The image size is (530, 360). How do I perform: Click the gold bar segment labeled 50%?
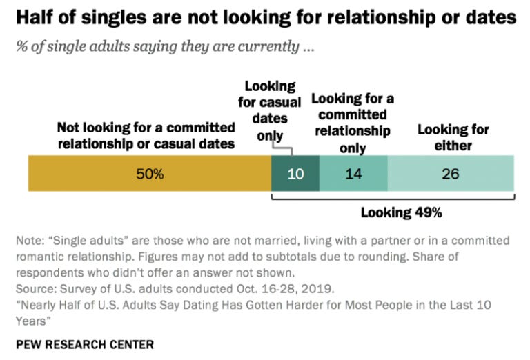pyautogui.click(x=149, y=174)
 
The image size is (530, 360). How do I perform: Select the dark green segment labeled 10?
pyautogui.click(x=295, y=174)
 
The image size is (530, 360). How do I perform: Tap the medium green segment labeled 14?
pyautogui.click(x=353, y=174)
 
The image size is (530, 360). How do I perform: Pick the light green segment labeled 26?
pyautogui.click(x=450, y=174)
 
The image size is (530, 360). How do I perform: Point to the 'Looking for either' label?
pyautogui.click(x=453, y=137)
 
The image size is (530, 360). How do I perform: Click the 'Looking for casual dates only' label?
pyautogui.click(x=273, y=110)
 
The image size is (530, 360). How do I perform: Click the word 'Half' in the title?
pyautogui.click(x=32, y=18)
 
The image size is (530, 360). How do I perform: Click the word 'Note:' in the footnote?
pyautogui.click(x=30, y=241)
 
